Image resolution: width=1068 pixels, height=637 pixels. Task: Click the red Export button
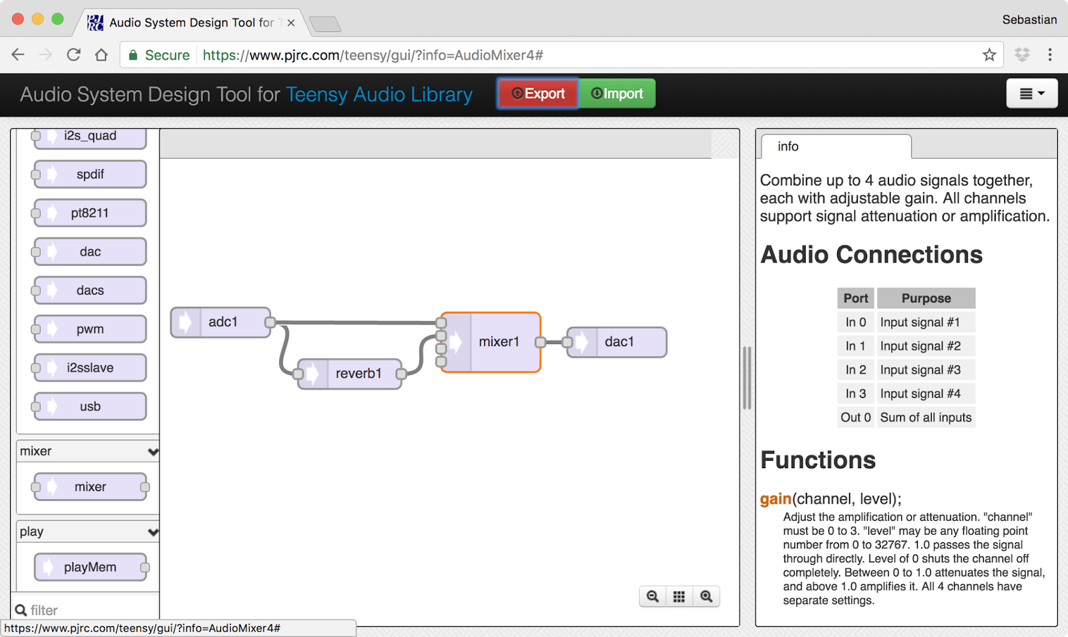click(538, 93)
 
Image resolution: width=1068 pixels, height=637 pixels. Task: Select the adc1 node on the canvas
click(222, 322)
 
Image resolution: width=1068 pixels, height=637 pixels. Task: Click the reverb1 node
click(358, 374)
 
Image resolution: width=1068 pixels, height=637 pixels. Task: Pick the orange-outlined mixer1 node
click(498, 342)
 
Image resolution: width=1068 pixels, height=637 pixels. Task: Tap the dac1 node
click(619, 342)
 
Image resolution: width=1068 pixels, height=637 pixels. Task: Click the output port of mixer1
click(541, 342)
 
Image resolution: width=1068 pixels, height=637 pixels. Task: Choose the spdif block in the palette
click(90, 174)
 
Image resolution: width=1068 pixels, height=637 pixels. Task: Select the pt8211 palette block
click(90, 213)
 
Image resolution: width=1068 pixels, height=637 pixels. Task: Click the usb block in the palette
click(90, 406)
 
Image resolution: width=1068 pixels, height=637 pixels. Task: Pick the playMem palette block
click(90, 567)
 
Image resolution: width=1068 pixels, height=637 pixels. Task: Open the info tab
click(788, 146)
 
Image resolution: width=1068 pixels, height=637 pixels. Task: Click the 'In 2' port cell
click(856, 370)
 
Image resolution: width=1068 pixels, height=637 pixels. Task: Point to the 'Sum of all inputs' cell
click(926, 418)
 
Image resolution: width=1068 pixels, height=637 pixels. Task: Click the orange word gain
click(776, 499)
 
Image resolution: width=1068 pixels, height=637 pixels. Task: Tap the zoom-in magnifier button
click(706, 596)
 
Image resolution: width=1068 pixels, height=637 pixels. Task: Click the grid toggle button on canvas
click(679, 596)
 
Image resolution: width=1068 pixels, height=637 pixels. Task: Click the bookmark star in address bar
click(989, 55)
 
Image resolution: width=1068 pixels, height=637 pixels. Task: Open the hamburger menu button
click(1031, 93)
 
